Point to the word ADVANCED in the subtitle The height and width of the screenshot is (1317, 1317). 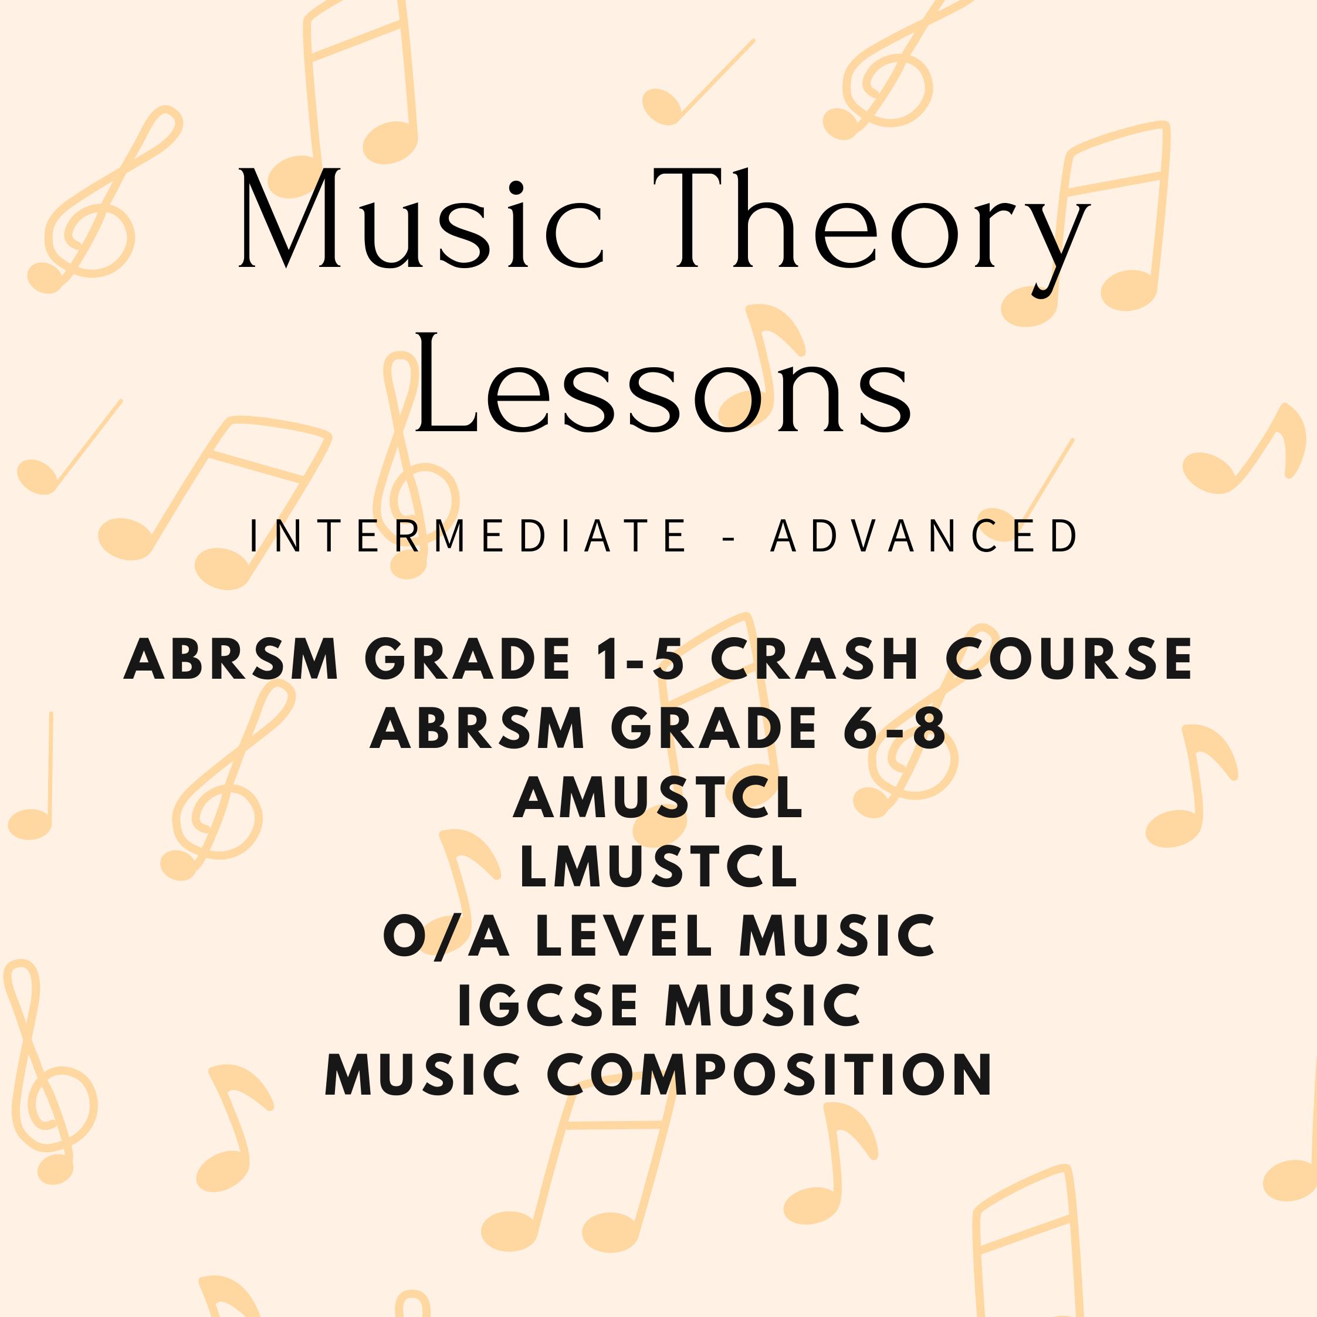point(925,536)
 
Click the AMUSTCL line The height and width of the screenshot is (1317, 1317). point(658,798)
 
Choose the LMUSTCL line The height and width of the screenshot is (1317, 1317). point(658,866)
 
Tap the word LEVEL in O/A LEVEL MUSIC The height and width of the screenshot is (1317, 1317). point(624,935)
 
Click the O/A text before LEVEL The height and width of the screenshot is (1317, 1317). point(446,935)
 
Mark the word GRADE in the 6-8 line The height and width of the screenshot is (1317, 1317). point(719,728)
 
